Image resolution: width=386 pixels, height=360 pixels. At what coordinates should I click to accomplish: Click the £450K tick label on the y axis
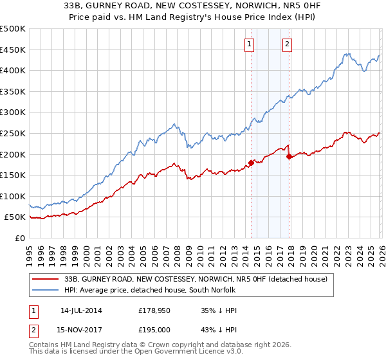coord(13,50)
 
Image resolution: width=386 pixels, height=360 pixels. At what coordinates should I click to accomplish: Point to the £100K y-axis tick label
coord(13,196)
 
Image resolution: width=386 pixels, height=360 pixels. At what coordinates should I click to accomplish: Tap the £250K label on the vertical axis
coord(13,133)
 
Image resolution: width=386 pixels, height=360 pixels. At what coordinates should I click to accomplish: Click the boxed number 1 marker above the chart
coord(249,44)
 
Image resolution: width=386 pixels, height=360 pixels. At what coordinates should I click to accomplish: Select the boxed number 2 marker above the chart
coord(287,44)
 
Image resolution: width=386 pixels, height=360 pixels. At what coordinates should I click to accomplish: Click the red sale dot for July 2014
coord(251,163)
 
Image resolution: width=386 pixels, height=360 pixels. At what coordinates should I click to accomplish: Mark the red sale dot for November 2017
coord(289,156)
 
